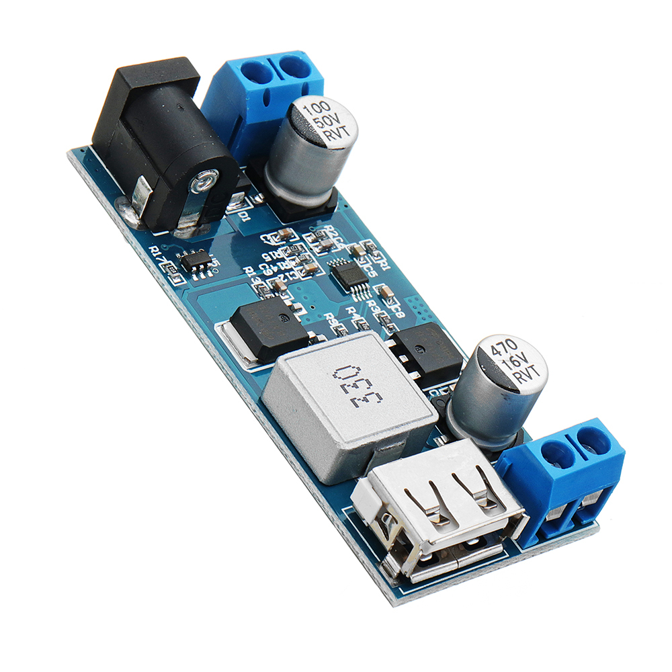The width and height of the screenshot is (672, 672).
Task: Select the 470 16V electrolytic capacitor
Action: pyautogui.click(x=497, y=390)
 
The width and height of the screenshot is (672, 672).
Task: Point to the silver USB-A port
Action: pyautogui.click(x=437, y=517)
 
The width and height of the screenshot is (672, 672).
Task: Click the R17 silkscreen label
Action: pyautogui.click(x=159, y=253)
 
